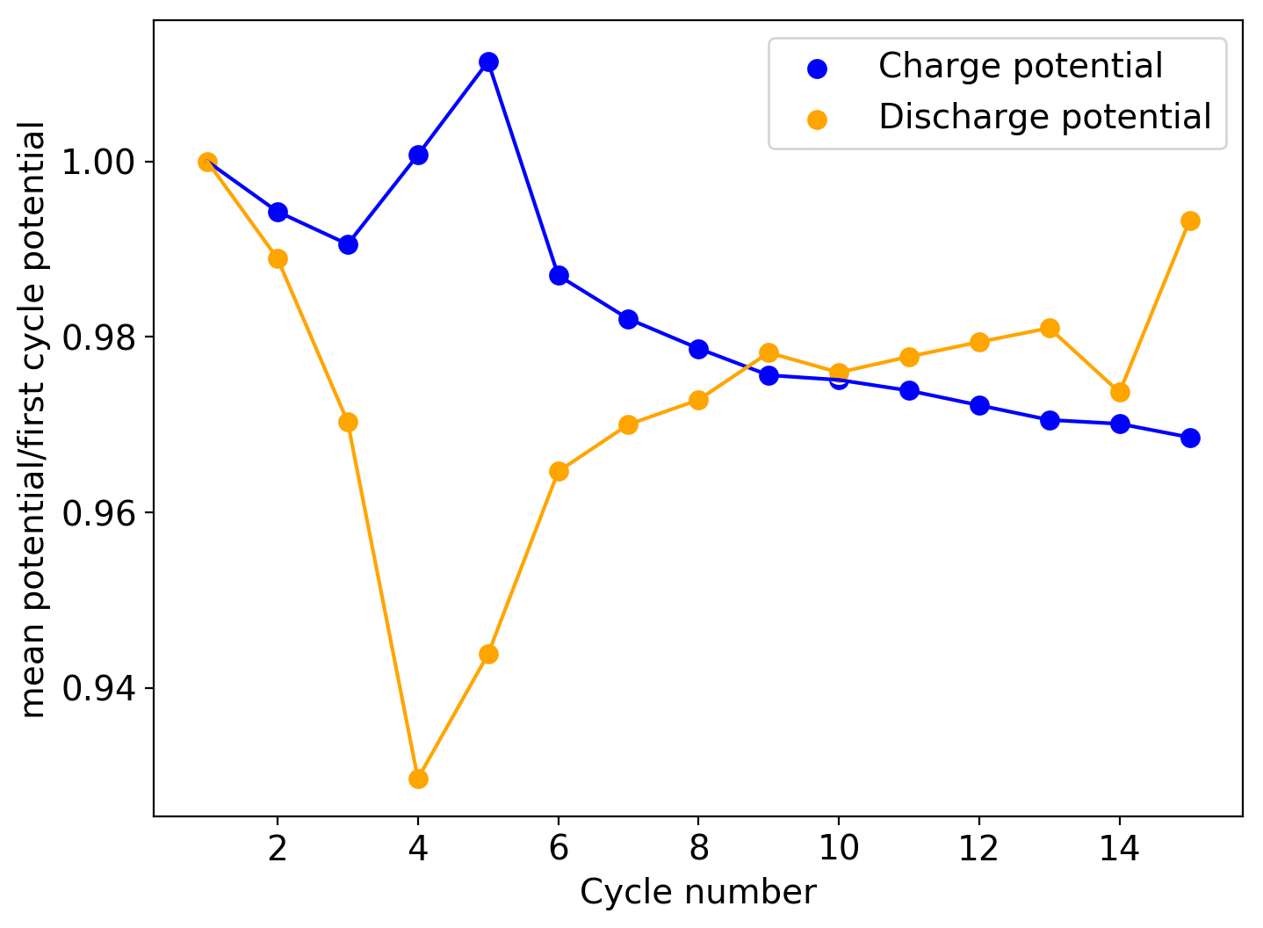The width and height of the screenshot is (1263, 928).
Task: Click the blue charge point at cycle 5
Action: click(x=488, y=62)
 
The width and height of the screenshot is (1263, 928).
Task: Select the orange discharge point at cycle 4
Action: click(x=418, y=779)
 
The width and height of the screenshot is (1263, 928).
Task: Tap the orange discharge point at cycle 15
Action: click(x=1190, y=221)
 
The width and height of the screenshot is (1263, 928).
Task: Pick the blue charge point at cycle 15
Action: click(x=1190, y=438)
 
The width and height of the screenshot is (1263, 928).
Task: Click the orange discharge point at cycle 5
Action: click(x=488, y=654)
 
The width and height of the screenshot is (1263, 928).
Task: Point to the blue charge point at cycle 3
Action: click(x=348, y=244)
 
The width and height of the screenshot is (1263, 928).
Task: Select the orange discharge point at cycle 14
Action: click(x=1120, y=392)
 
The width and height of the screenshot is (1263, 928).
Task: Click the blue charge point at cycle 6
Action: click(x=559, y=275)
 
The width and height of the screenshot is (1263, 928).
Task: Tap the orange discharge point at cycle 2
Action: click(x=278, y=258)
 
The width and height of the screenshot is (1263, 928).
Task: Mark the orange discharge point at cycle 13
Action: click(x=1050, y=328)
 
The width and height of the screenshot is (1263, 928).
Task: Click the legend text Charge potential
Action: click(x=1020, y=67)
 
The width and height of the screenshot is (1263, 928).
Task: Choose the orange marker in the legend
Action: click(x=817, y=119)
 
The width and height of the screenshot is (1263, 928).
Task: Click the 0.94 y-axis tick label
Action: click(x=98, y=688)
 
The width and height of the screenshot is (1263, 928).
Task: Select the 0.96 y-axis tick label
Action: click(x=98, y=513)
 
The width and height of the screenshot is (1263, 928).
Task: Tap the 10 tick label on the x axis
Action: click(x=839, y=848)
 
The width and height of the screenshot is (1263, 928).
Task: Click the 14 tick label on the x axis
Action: click(x=1120, y=848)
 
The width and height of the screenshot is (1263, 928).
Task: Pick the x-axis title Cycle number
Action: click(x=698, y=893)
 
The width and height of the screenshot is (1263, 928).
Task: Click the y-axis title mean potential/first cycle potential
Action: click(x=33, y=419)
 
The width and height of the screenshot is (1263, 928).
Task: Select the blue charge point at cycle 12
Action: click(x=979, y=405)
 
